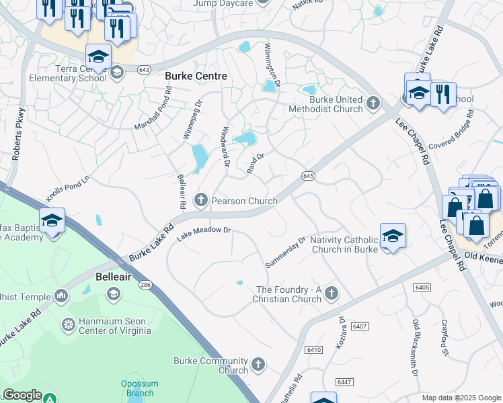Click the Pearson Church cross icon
tap(200, 200)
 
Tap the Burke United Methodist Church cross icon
tap(373, 103)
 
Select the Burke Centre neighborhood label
tap(196, 77)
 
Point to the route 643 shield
tap(144, 69)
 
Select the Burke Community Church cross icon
tap(258, 365)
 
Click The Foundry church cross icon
tap(330, 293)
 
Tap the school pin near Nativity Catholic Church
tap(393, 236)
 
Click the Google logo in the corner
tap(22, 395)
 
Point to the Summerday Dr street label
tap(286, 252)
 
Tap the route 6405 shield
tap(422, 287)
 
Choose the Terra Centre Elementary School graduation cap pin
tap(98, 57)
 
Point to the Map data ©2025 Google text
tap(461, 398)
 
